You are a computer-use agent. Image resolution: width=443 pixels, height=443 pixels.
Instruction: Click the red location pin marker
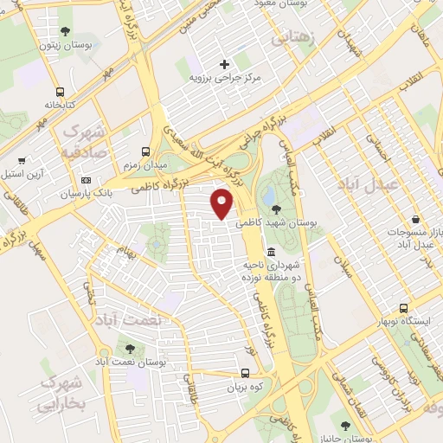coord(223,202)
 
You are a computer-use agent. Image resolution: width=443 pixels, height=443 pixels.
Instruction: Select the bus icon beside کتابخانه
coord(60,93)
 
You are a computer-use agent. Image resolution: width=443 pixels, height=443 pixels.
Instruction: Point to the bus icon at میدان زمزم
coord(144,151)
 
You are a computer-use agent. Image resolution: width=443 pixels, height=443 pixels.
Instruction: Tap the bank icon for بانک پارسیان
coord(86,180)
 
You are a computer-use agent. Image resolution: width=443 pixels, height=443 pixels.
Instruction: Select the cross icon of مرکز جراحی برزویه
coord(225,64)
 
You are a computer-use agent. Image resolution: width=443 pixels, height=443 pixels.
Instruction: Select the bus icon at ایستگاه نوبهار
coord(404,308)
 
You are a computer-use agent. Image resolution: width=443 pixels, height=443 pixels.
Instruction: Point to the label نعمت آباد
coord(131,320)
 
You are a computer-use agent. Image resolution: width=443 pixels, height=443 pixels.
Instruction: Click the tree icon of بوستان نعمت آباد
coord(131,349)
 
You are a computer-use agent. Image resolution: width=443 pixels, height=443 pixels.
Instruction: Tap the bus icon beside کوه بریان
coord(247,374)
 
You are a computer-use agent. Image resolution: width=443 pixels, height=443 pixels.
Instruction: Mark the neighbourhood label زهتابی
coord(294,39)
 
